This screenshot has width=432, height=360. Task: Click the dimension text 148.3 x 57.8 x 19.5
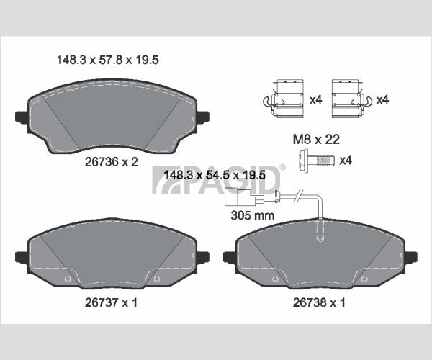point(108,60)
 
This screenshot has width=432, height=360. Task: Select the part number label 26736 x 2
point(112,162)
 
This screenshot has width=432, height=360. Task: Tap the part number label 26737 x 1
point(111,302)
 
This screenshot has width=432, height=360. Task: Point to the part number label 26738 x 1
point(319,302)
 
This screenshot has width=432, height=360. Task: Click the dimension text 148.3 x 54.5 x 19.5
point(215,175)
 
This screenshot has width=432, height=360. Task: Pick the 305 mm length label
point(253,215)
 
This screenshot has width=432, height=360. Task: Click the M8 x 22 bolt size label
point(316,140)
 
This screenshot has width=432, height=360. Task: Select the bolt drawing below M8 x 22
point(316,161)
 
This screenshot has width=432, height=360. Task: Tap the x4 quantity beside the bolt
point(346,160)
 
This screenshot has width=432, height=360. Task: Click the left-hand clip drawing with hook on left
point(284,99)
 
